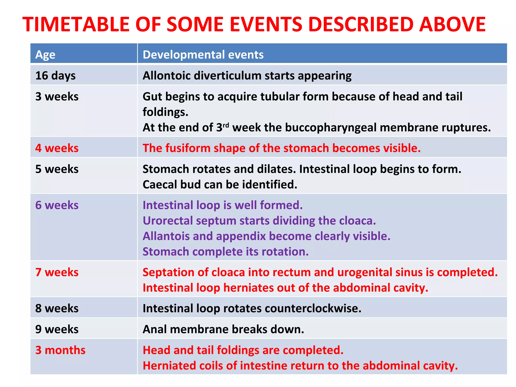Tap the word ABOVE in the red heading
coord(452,24)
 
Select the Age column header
coord(45,55)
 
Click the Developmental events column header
coord(203,55)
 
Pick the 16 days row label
coord(55,76)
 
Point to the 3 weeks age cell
coord(57,96)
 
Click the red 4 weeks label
coord(57,148)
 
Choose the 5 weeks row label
coord(57,169)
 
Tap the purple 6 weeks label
coord(57,205)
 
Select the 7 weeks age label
coord(57,272)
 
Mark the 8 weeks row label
coord(57,308)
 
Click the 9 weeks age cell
coord(57,329)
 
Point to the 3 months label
coord(60,350)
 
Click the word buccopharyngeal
coord(331,127)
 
